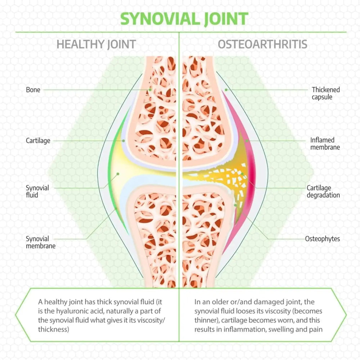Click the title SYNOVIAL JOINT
click(x=184, y=19)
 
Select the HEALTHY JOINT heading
click(x=96, y=44)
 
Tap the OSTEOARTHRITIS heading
click(x=262, y=44)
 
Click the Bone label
click(x=33, y=89)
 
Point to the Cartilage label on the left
click(x=38, y=140)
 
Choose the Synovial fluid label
click(x=37, y=191)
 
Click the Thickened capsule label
click(x=326, y=93)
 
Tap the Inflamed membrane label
click(x=325, y=143)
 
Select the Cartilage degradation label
click(x=323, y=191)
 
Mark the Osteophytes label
click(x=322, y=239)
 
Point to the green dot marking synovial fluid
click(x=117, y=174)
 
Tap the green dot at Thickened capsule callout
click(x=226, y=89)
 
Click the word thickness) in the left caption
click(x=53, y=329)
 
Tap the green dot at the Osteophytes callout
click(x=235, y=205)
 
